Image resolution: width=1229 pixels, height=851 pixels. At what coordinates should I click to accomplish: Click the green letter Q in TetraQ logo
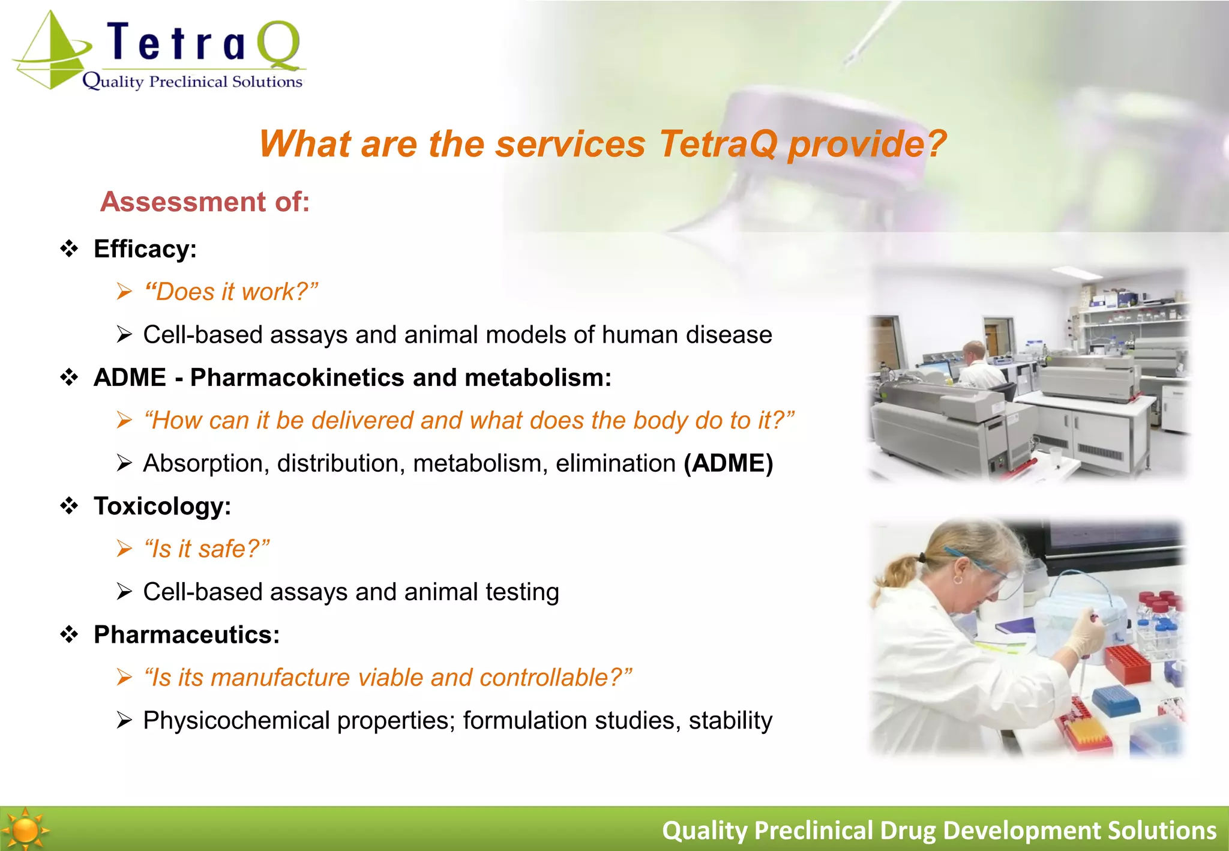pos(279,45)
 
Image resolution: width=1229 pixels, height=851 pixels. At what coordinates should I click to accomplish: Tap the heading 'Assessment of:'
pos(205,202)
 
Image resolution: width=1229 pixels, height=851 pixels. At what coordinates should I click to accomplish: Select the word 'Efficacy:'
pos(145,249)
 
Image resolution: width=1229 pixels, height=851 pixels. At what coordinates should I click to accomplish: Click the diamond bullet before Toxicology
pos(70,506)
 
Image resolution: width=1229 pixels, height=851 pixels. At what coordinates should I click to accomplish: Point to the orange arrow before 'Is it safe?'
pos(124,549)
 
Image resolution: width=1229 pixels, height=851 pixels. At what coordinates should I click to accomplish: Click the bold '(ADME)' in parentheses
pos(728,463)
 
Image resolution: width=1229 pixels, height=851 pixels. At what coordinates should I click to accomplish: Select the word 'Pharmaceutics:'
pos(187,635)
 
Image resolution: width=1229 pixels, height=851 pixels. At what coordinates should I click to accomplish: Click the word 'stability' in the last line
pos(730,720)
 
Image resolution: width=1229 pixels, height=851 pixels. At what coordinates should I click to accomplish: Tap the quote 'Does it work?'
pos(231,292)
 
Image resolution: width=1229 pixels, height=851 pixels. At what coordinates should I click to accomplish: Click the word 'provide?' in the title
pos(867,145)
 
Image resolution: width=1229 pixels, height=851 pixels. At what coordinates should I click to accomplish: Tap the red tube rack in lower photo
pos(1128,663)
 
